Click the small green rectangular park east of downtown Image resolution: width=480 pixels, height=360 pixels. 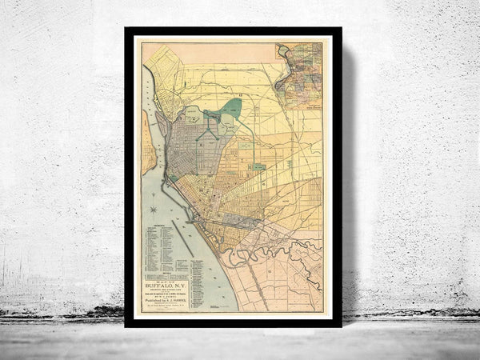tap(258, 166)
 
